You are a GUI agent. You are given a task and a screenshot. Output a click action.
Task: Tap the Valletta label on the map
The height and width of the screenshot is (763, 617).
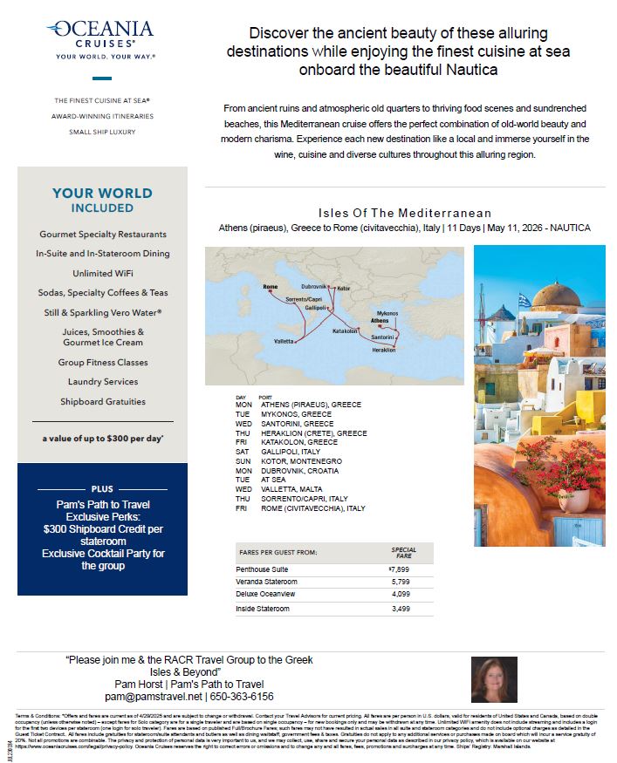285,340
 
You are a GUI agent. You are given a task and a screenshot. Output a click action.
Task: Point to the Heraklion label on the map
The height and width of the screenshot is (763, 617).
384,351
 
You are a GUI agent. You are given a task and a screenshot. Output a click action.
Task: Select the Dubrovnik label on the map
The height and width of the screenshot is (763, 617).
314,286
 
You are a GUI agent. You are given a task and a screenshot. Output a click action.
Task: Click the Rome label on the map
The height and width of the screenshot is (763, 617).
270,286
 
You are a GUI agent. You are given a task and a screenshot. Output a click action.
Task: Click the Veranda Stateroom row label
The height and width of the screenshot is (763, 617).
266,582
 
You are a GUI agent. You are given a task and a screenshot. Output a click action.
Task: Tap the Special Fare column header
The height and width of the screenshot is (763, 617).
403,553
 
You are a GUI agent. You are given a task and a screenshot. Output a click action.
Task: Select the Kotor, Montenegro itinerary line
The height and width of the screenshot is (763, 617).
300,460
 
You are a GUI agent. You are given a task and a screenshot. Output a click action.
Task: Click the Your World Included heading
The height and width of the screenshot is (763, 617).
102,200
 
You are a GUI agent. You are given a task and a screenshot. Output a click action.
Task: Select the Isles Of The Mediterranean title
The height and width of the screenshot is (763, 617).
404,214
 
